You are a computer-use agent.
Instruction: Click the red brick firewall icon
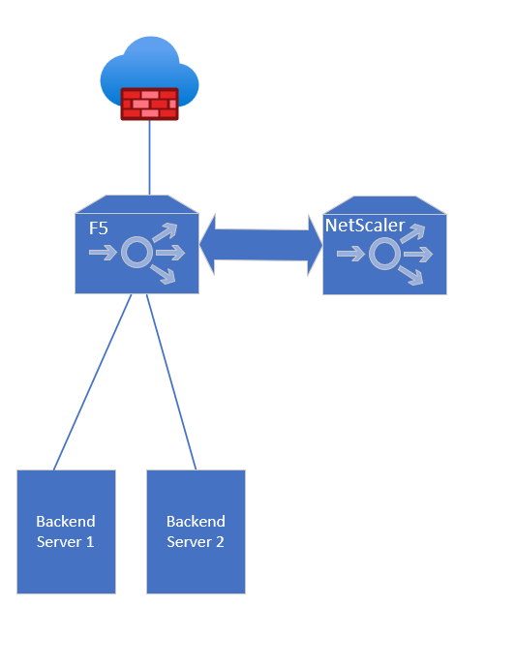(149, 105)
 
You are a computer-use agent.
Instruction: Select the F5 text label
(99, 228)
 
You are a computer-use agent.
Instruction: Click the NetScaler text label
(365, 226)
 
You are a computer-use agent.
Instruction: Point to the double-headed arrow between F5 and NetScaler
(260, 245)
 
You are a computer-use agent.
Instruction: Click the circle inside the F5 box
(137, 253)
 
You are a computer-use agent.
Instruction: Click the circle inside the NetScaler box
(384, 254)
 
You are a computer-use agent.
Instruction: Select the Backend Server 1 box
(67, 531)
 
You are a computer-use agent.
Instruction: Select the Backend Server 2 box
(197, 531)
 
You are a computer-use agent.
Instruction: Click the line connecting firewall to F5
(149, 158)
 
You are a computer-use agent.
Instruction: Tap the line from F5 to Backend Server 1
(92, 382)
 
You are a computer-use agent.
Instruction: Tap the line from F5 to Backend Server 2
(171, 382)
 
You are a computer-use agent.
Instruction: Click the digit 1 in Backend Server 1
(89, 542)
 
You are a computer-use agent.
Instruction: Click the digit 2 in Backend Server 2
(220, 542)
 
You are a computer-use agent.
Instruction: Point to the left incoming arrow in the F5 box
(103, 253)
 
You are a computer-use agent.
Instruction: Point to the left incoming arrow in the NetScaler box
(350, 254)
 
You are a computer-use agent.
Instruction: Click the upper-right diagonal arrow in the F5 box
(165, 232)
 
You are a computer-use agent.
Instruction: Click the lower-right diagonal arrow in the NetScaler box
(411, 275)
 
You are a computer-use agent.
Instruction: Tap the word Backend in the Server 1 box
(66, 522)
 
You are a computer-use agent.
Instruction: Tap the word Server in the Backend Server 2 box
(189, 542)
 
